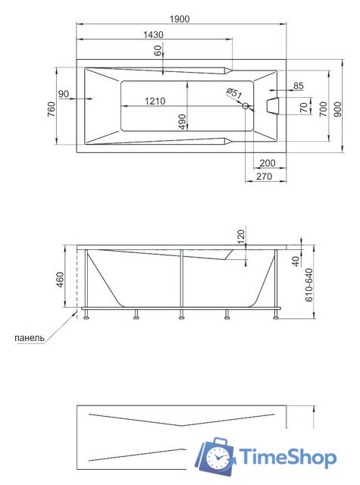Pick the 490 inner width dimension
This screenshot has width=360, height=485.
click(x=182, y=122)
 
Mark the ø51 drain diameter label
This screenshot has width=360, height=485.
click(x=234, y=94)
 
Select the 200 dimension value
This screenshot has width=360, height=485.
click(x=267, y=163)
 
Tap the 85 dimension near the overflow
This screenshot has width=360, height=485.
click(x=298, y=85)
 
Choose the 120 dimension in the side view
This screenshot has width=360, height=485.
click(x=242, y=237)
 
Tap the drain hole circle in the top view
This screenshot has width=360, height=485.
click(x=245, y=107)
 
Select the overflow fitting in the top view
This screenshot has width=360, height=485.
click(x=273, y=107)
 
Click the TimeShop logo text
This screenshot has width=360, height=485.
click(x=288, y=457)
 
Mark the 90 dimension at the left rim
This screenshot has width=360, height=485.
click(x=64, y=94)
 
